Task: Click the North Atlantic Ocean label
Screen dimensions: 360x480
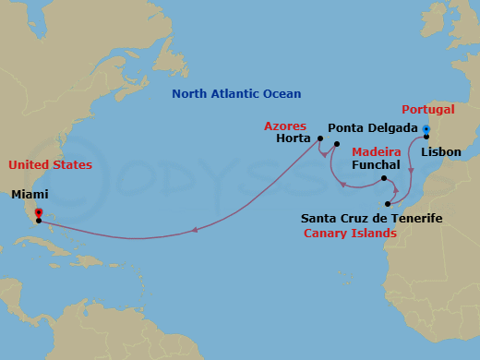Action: (x=236, y=94)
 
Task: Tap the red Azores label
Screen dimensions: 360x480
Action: (x=285, y=126)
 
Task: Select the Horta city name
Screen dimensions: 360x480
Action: (x=293, y=139)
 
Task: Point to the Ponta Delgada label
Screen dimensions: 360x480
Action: (x=373, y=128)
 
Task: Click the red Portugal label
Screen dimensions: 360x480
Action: (x=427, y=109)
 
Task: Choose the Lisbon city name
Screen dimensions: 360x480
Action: (x=441, y=151)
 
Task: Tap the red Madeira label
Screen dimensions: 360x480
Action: (x=377, y=151)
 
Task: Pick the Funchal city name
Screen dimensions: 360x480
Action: (x=376, y=165)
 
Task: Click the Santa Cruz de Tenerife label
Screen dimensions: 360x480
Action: (x=372, y=218)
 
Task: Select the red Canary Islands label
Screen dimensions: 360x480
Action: (x=350, y=234)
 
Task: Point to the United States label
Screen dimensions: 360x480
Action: (x=50, y=165)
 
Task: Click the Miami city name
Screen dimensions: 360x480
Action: (x=30, y=195)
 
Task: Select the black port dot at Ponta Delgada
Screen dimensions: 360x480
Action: (x=337, y=144)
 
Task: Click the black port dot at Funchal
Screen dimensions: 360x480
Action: (x=384, y=177)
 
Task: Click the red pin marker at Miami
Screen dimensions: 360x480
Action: (x=38, y=213)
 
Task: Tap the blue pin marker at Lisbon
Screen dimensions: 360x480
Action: (x=426, y=129)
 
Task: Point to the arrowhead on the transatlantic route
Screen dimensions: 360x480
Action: (x=196, y=231)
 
